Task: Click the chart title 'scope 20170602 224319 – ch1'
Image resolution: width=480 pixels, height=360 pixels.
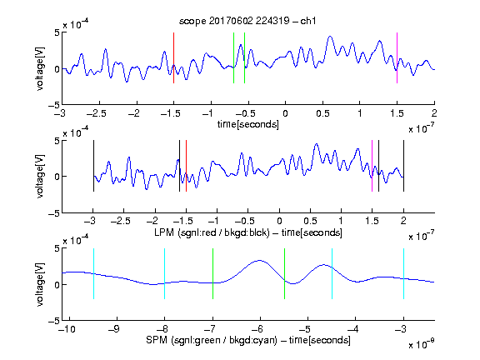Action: click(247, 21)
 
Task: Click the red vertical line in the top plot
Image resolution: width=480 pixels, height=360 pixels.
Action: click(173, 57)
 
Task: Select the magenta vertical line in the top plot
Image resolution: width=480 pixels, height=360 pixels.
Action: click(397, 57)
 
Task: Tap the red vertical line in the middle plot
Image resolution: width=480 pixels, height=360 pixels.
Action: click(186, 166)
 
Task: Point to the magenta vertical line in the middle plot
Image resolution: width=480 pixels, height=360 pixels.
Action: click(372, 166)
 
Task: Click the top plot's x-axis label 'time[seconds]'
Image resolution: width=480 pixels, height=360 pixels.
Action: click(248, 124)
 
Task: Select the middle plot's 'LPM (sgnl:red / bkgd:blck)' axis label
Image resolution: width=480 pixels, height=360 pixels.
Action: click(212, 232)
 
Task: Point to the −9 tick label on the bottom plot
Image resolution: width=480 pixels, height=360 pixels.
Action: click(114, 329)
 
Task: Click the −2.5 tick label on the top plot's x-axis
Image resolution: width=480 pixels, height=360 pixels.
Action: click(97, 113)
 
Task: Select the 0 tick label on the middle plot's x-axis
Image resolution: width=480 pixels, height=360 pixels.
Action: click(279, 221)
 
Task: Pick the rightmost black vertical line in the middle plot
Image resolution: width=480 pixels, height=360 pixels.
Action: click(403, 166)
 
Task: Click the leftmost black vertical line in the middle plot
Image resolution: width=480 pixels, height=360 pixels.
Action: click(93, 166)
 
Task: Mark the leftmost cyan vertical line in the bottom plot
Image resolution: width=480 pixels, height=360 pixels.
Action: click(93, 273)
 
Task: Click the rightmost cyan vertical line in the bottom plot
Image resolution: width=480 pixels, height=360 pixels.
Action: click(403, 273)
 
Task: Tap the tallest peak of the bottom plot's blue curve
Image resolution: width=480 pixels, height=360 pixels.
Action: click(260, 261)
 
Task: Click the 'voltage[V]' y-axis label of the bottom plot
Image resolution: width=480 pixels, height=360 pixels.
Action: click(40, 284)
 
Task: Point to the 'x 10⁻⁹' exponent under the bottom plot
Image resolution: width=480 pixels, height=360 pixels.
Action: click(422, 344)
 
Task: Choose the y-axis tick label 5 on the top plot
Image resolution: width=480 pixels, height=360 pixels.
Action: click(57, 32)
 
